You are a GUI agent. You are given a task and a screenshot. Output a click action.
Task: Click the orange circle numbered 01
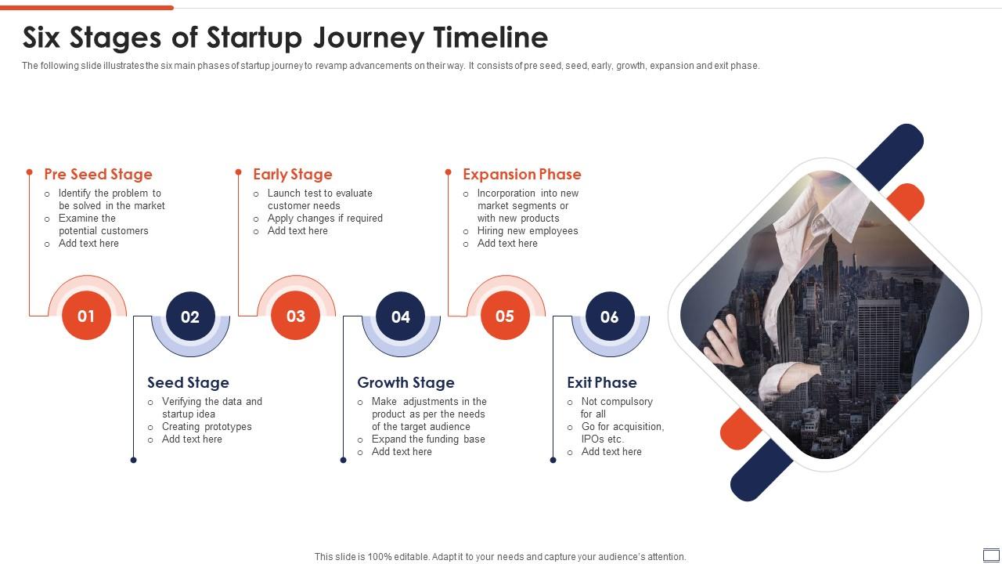[86, 316]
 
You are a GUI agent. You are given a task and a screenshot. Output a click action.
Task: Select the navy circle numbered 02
[190, 316]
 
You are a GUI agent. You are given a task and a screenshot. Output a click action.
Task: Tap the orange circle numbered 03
[295, 316]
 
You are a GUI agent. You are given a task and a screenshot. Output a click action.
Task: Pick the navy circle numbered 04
[400, 316]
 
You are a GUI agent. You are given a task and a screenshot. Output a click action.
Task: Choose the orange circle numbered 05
[505, 316]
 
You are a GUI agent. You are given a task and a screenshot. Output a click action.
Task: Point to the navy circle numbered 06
[609, 316]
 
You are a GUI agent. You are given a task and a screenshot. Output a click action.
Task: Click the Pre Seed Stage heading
[98, 175]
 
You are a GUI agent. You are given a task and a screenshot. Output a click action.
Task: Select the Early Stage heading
[292, 175]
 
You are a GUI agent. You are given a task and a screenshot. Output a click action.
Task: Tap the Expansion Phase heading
[521, 175]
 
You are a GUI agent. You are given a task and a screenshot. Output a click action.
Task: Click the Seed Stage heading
[188, 383]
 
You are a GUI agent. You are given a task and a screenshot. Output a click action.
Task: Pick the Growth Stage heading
[405, 383]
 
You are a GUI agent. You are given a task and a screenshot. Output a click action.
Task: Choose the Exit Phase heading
[601, 383]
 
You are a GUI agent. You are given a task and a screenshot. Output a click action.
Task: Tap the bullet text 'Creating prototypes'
[207, 427]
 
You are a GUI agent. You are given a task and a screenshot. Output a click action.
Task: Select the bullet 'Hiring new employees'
[528, 231]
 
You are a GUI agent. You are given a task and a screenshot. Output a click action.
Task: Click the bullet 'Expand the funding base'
[428, 439]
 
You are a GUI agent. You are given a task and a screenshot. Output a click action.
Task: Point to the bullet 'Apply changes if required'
[325, 219]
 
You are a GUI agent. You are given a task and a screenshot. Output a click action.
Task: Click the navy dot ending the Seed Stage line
[133, 460]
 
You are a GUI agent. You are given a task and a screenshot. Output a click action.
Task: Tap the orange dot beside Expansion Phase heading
[449, 172]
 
